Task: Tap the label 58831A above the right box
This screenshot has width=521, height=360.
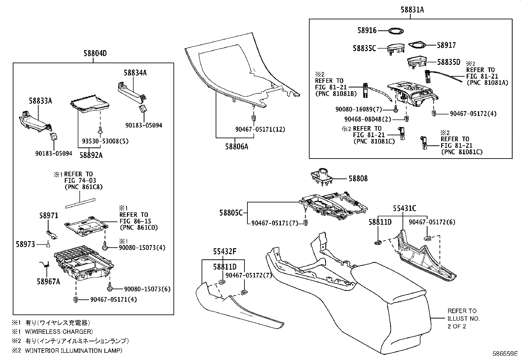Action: (412, 10)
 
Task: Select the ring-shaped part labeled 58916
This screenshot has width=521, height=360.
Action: (395, 31)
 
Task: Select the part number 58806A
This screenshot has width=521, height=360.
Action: (236, 146)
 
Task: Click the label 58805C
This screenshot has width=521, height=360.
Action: (231, 213)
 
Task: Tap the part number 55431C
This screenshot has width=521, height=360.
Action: (404, 208)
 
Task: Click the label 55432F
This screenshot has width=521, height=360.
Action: (225, 252)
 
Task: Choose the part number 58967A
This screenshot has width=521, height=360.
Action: (48, 281)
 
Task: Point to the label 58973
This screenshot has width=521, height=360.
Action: (25, 244)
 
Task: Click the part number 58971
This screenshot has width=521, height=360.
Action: (48, 216)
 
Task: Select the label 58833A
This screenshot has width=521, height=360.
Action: (40, 101)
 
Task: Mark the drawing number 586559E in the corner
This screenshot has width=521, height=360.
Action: (505, 354)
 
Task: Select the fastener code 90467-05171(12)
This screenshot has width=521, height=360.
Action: (260, 129)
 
